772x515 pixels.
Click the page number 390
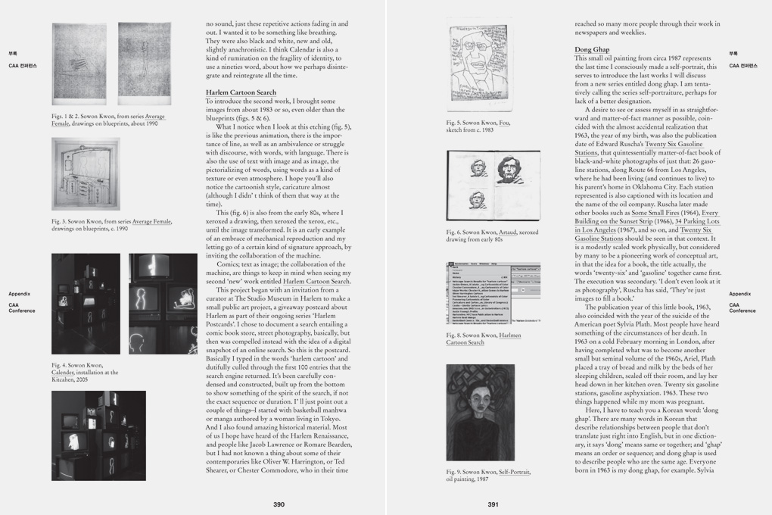coord(279,504)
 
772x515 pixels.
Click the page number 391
coord(493,504)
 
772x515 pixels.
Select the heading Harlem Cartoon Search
coord(241,92)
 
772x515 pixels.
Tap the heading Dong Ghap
coord(592,50)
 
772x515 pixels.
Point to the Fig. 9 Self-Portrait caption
coord(488,475)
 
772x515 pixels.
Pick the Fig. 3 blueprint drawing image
coord(86,174)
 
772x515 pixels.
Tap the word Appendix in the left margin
coord(20,294)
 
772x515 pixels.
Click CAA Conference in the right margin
coord(742,307)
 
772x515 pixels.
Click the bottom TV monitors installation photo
coord(98,435)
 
